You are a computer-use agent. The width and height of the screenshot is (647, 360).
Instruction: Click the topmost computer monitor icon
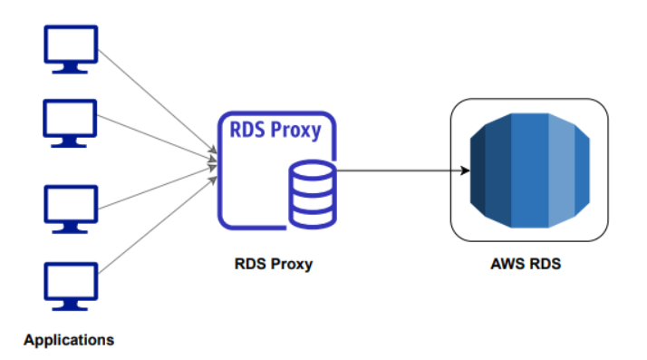[x=71, y=48]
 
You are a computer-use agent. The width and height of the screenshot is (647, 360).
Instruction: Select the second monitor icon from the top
[x=71, y=122]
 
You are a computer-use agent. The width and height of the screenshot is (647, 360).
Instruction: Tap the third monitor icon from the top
[x=71, y=208]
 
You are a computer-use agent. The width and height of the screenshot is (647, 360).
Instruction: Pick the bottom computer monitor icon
[x=71, y=284]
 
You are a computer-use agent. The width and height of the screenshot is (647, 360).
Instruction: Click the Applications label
[x=69, y=341]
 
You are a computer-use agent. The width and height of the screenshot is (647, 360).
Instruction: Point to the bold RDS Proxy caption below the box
[x=275, y=265]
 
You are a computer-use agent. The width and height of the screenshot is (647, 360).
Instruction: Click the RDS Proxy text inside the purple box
[x=274, y=131]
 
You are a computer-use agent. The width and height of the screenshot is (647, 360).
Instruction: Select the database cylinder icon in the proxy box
[x=311, y=192]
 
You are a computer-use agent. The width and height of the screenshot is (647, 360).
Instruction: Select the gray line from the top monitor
[x=154, y=100]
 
